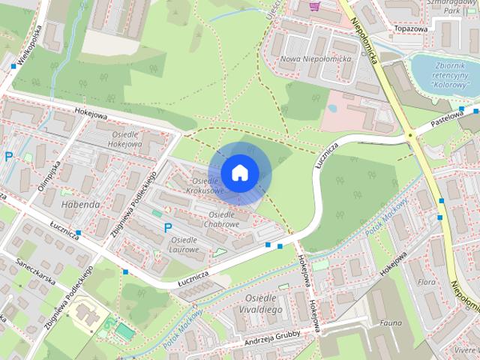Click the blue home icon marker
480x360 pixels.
coord(239,172)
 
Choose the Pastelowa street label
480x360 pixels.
coord(442,121)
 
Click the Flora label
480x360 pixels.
coord(427,283)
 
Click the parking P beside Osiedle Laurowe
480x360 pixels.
coord(168,227)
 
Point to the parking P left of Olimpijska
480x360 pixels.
coord(9,157)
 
